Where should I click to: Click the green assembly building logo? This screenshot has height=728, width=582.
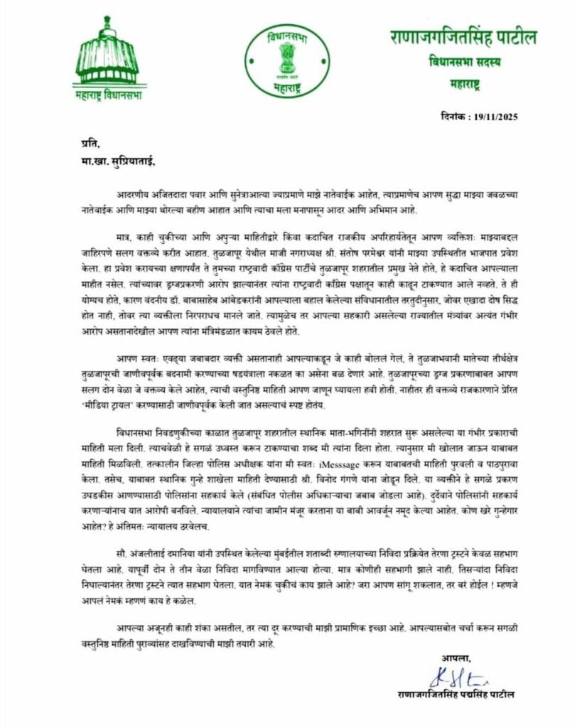108,54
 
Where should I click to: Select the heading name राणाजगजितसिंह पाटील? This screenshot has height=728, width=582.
463,37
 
